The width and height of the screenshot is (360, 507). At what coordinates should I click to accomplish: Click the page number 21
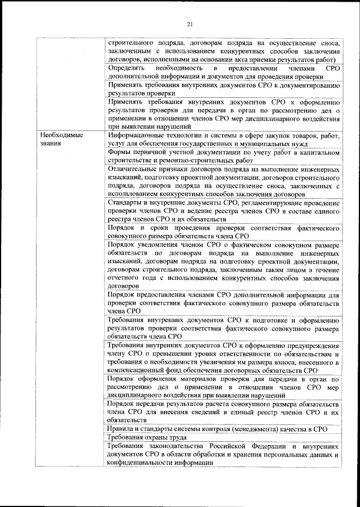[x=190, y=23]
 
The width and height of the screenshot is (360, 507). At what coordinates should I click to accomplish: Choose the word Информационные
[x=138, y=136]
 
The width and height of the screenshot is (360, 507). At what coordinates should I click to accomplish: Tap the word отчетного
[x=125, y=278]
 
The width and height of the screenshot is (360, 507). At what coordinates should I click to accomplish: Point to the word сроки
[x=169, y=229]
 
